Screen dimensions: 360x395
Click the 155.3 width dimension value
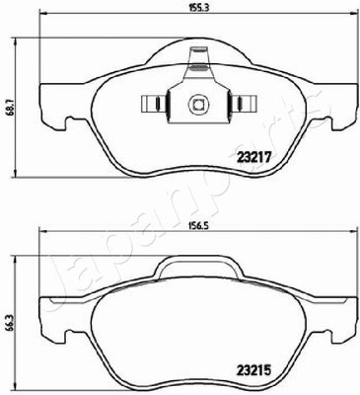[x=199, y=8]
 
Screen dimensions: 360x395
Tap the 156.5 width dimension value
[x=199, y=225]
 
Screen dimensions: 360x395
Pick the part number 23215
[x=253, y=371]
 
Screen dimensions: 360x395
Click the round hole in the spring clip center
[x=198, y=105]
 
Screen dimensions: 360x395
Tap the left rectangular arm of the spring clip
[x=154, y=104]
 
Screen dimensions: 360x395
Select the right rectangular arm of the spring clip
[x=243, y=104]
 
